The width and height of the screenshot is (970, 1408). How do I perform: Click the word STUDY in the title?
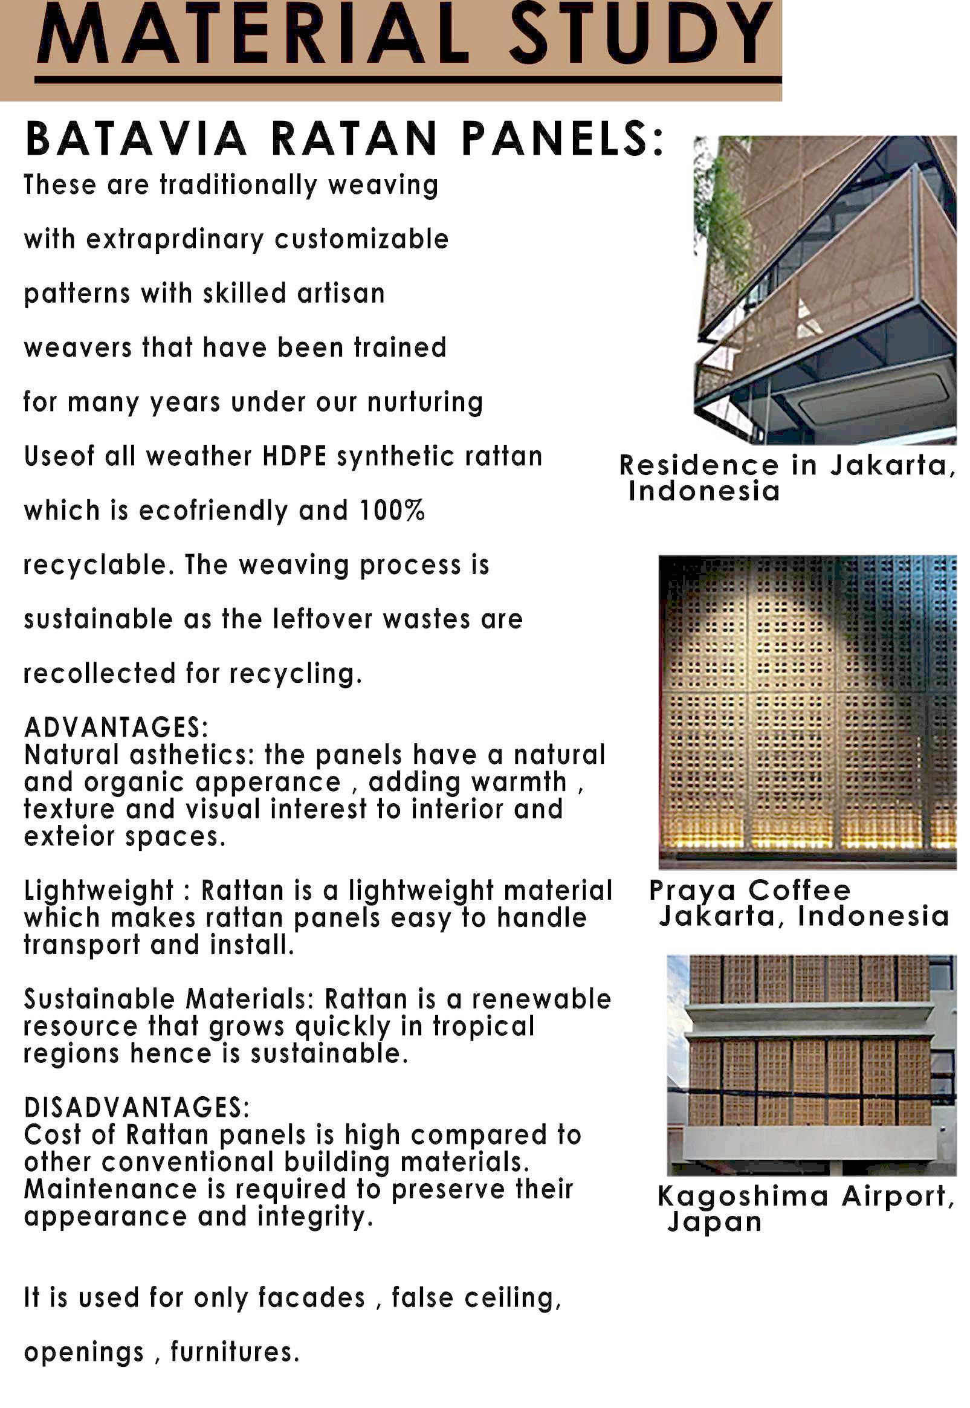(640, 33)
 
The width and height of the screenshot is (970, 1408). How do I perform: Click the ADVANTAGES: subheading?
(116, 728)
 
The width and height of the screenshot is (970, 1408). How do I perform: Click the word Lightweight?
(99, 891)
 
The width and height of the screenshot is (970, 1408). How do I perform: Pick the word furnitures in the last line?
(234, 1352)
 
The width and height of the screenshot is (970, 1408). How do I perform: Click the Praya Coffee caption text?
(750, 891)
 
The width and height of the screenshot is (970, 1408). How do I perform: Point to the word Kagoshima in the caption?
(743, 1196)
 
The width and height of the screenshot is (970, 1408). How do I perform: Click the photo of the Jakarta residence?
(825, 290)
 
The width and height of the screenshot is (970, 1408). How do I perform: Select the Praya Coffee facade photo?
(807, 711)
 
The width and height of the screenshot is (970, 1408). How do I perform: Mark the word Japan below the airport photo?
(714, 1222)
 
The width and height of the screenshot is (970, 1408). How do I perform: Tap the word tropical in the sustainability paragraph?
(483, 1026)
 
